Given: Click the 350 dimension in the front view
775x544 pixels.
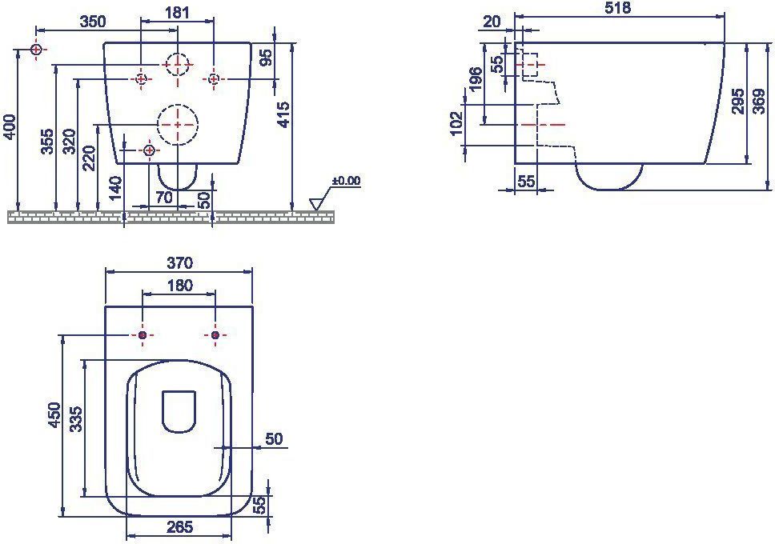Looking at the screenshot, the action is pyautogui.click(x=92, y=22).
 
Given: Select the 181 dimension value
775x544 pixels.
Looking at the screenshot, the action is pyautogui.click(x=178, y=12).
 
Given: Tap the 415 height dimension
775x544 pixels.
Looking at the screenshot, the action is pyautogui.click(x=283, y=114).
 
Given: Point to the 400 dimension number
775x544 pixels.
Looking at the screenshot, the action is pyautogui.click(x=10, y=127).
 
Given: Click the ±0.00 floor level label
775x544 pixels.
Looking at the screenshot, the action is pyautogui.click(x=346, y=181).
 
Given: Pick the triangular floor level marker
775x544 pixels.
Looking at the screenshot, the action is pyautogui.click(x=315, y=203).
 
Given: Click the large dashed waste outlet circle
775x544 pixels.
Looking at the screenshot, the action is pyautogui.click(x=178, y=125).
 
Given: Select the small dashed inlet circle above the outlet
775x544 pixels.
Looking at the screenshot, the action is pyautogui.click(x=177, y=65).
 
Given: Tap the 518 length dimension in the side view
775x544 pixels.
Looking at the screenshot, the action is pyautogui.click(x=618, y=8).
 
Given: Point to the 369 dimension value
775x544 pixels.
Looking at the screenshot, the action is pyautogui.click(x=759, y=102).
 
